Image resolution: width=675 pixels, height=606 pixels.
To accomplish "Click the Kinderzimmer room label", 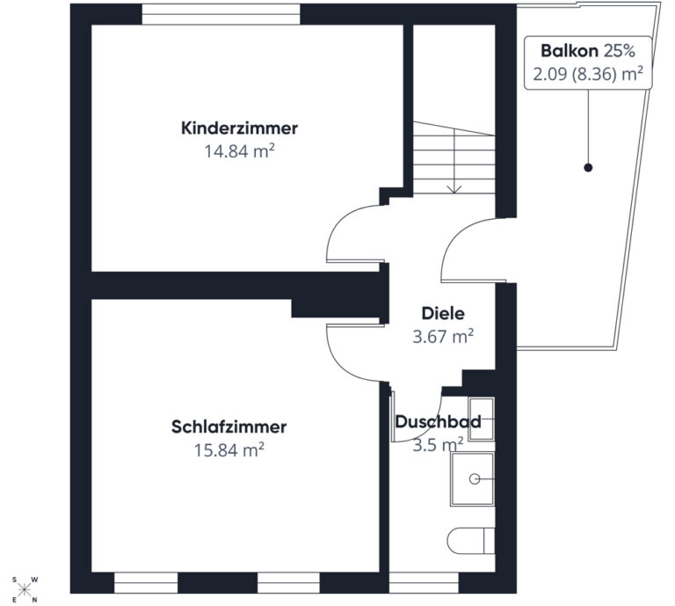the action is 239,128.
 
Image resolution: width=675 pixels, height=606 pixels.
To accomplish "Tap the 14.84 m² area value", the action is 239,151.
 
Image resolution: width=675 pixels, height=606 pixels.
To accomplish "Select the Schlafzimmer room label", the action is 229,427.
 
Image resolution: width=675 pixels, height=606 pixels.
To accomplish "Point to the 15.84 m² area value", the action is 229,450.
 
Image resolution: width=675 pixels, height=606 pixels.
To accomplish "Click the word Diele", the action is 443,313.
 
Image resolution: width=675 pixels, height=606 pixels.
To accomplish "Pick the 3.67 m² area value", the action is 443,336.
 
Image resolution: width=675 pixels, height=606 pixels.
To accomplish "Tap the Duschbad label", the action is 439,421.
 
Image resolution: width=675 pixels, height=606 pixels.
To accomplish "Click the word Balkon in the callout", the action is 570,51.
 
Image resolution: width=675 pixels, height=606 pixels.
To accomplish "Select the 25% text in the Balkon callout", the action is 619,51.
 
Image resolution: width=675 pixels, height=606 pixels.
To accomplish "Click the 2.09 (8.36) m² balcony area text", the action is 588,74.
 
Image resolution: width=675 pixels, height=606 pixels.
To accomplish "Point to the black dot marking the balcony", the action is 588,167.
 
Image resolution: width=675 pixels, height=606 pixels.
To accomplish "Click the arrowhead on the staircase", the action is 454,189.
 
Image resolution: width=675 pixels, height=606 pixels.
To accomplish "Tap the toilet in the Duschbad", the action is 471,541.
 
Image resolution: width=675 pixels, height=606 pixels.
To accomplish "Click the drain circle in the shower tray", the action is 475,479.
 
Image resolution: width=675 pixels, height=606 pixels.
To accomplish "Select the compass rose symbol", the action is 25,588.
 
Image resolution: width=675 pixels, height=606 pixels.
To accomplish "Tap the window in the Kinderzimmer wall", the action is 221,14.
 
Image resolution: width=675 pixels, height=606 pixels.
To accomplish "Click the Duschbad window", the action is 424,583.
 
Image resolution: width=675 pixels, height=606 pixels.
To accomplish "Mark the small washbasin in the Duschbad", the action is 482,419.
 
